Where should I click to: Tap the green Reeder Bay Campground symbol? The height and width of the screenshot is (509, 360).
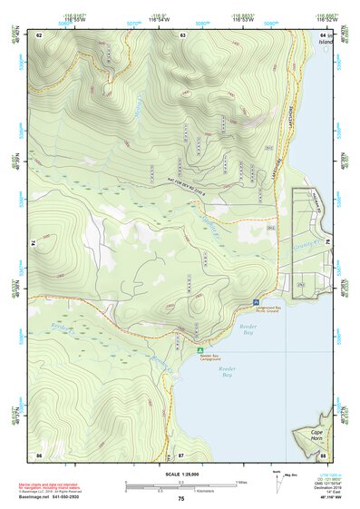[200, 349]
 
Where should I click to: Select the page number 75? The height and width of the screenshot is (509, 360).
[180, 498]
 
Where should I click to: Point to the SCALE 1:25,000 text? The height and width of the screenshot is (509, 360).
[180, 473]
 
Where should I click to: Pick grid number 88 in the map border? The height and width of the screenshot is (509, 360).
[322, 454]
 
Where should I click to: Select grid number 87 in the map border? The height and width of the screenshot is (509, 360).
[181, 454]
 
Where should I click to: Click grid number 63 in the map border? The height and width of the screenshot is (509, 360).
[182, 35]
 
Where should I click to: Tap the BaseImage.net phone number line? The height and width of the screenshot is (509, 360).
[65, 497]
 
